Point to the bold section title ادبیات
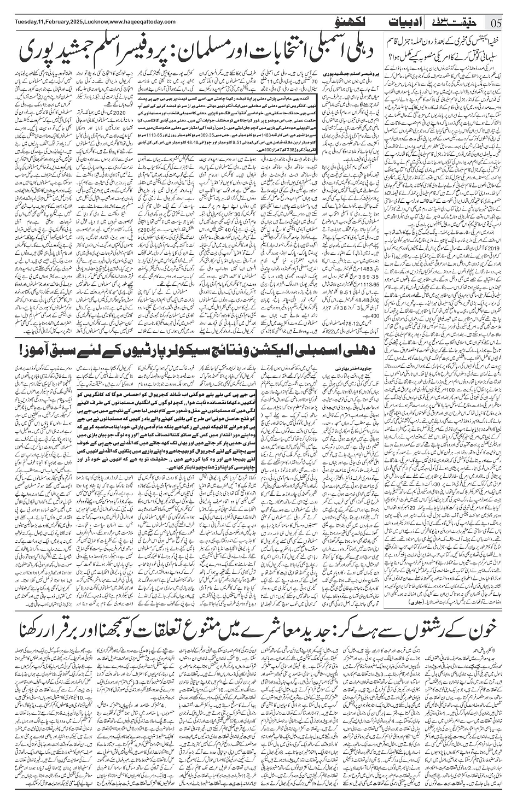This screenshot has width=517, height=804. (399, 22)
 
